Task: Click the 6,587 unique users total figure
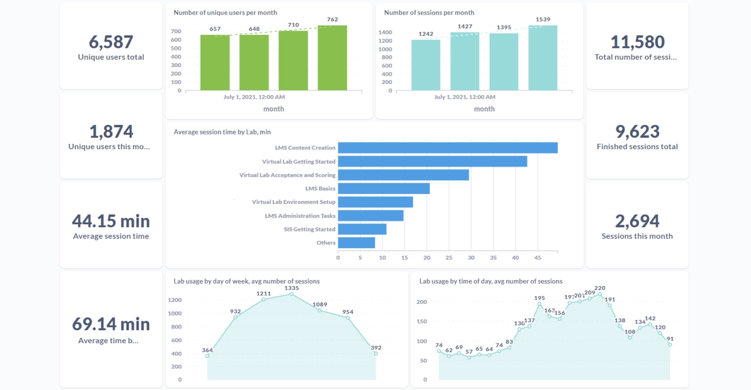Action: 111,42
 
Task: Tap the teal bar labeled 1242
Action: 426,65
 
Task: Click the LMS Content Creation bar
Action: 447,148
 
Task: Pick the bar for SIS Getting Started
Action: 362,229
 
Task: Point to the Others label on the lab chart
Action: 326,243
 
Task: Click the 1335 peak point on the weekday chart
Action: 292,294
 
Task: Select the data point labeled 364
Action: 207,356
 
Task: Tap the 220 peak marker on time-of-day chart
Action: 600,294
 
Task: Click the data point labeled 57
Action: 469,358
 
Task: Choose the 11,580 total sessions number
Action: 637,42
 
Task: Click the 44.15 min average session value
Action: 111,221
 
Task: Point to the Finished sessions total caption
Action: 637,147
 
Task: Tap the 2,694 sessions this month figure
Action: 637,221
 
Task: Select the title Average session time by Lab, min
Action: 222,132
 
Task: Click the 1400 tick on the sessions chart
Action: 385,32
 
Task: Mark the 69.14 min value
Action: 111,324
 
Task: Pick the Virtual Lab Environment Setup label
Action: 294,202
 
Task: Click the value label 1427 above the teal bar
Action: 465,26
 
